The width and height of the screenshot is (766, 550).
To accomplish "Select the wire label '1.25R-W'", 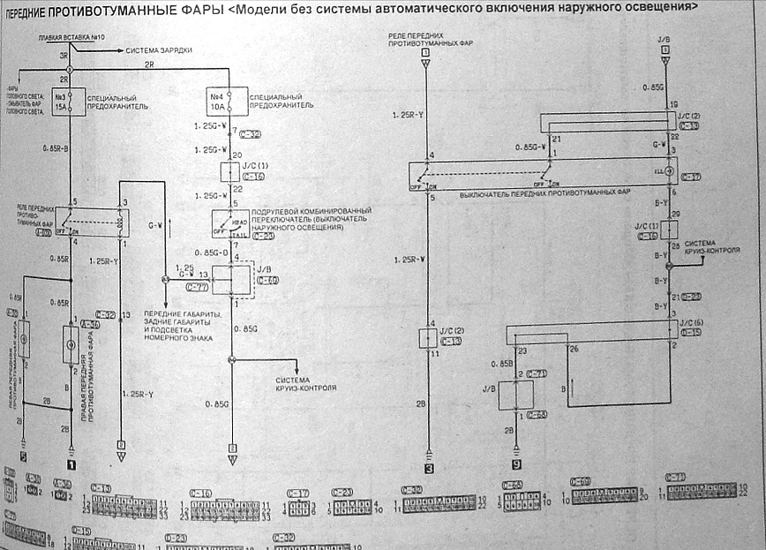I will click(x=409, y=259).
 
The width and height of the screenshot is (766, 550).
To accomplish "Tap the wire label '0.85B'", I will click(x=501, y=363).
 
